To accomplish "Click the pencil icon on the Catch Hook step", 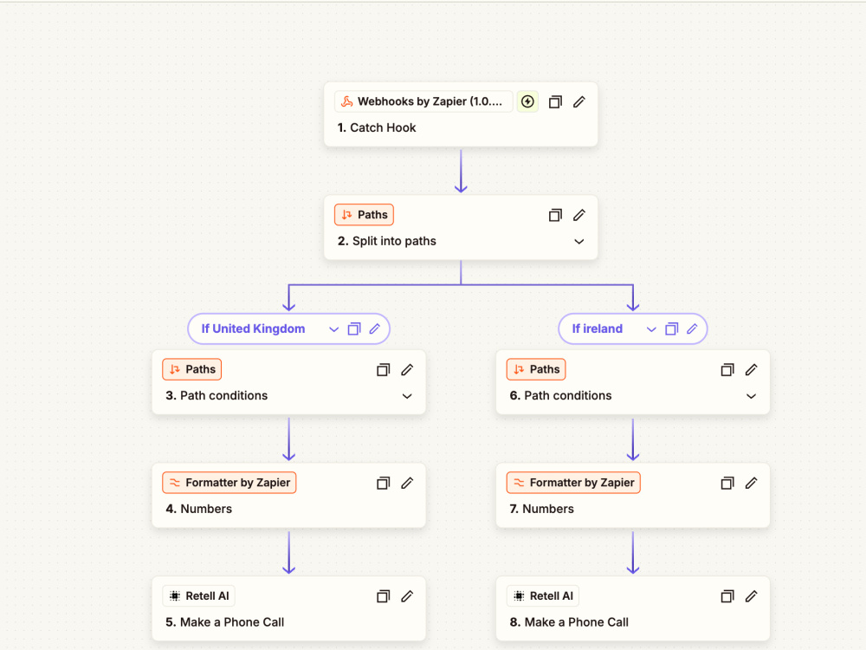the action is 578,101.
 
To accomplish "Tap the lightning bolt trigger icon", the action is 527,101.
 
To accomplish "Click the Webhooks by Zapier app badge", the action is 423,101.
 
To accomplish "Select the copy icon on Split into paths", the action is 555,215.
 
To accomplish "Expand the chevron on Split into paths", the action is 578,242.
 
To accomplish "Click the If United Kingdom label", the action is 253,328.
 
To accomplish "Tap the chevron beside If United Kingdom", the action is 333,329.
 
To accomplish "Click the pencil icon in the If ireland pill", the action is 692,328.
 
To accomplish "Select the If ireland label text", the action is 597,328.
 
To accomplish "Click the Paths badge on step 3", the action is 191,369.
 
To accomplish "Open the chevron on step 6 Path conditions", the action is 751,396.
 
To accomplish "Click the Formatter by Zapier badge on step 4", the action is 229,483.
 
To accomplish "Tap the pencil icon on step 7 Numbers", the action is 751,483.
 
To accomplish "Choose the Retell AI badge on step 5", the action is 199,596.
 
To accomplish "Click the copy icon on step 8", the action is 727,596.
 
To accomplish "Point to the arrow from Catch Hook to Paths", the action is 461,171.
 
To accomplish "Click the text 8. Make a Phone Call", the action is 569,622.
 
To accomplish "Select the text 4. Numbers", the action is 199,509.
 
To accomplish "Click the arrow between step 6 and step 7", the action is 633,440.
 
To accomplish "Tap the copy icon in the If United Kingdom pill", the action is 354,328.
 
